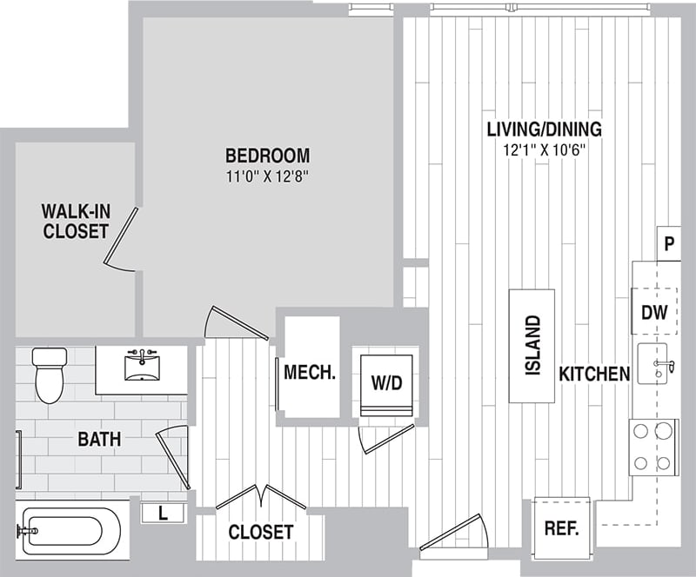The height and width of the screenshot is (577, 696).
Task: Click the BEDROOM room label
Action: coord(267,156)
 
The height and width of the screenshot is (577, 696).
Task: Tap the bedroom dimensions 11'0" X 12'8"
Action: coord(267,177)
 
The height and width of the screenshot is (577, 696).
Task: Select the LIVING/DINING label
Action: coord(544,130)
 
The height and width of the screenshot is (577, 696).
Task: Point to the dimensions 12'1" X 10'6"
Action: coord(544,149)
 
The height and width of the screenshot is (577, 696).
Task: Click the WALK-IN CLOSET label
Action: coord(76,222)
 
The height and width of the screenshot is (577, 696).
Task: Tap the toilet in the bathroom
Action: coord(49,374)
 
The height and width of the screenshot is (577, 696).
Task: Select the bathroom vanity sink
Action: coord(141,366)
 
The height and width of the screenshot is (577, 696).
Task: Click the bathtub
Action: coord(70,530)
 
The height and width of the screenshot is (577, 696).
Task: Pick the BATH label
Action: coord(99,440)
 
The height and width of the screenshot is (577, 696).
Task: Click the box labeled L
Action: coord(163,514)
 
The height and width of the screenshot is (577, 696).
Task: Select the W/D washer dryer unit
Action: coord(387,381)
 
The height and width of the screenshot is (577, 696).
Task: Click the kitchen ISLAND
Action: coord(532,345)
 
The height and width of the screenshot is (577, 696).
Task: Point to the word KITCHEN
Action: coord(593,375)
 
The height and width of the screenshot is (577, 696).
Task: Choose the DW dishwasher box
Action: coord(654,312)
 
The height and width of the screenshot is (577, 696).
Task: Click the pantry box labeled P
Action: coord(668,244)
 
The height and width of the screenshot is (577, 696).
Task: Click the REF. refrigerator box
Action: coord(561,528)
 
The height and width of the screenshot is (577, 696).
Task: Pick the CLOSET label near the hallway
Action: coord(261,532)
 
